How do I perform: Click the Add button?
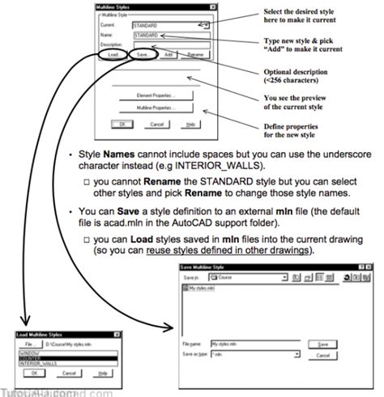pyautogui.click(x=168, y=55)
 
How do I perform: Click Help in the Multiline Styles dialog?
pyautogui.click(x=191, y=125)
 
